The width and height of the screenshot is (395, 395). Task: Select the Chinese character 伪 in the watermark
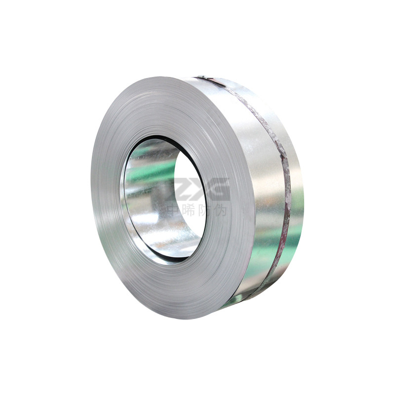coord(221,210)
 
